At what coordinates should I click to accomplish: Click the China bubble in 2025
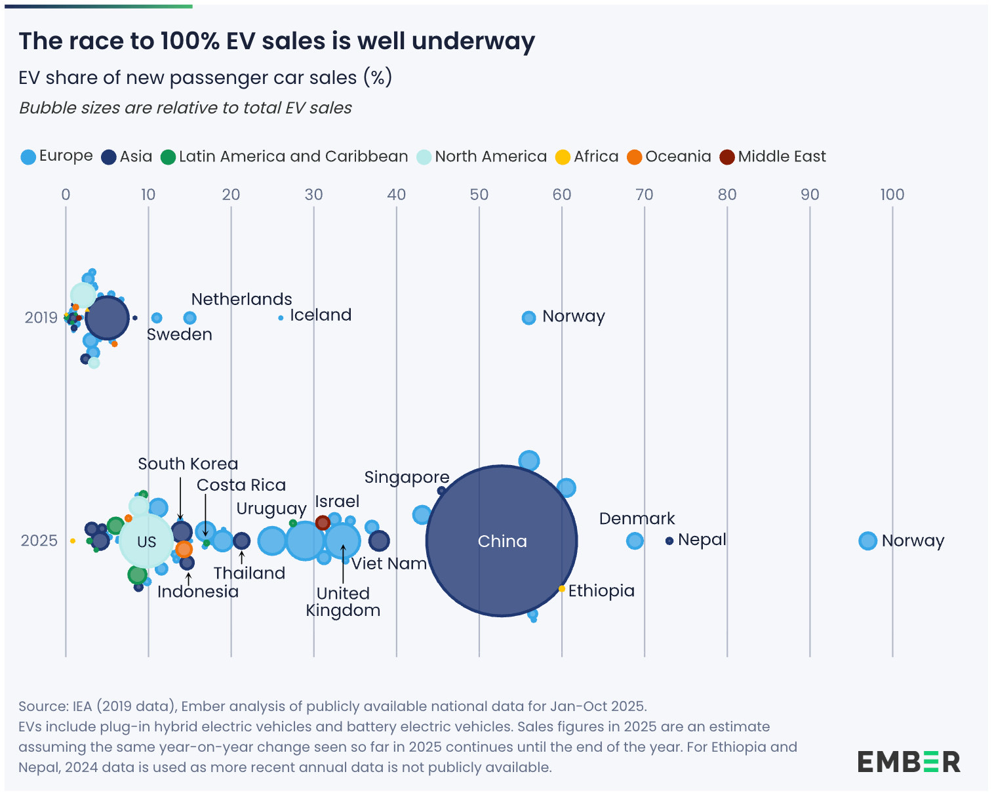pyautogui.click(x=502, y=540)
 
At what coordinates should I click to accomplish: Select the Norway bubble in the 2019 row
pyautogui.click(x=528, y=317)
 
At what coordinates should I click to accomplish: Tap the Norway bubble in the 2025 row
pyautogui.click(x=867, y=540)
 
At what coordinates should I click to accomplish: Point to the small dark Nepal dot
pyautogui.click(x=669, y=540)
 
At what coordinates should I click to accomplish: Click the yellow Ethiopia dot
pyautogui.click(x=562, y=589)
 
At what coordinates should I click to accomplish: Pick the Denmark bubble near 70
pyautogui.click(x=634, y=540)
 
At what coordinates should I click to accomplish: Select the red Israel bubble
pyautogui.click(x=323, y=523)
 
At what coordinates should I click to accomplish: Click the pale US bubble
pyautogui.click(x=146, y=541)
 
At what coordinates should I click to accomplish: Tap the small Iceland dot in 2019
pyautogui.click(x=281, y=317)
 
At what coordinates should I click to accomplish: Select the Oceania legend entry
pyautogui.click(x=669, y=157)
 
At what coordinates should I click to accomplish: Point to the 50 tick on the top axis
pyautogui.click(x=479, y=195)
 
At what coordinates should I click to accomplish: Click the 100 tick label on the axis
pyautogui.click(x=892, y=195)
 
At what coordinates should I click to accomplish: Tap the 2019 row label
pyautogui.click(x=41, y=317)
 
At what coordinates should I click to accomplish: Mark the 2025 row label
pyautogui.click(x=39, y=540)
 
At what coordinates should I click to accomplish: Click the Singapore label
pyautogui.click(x=407, y=477)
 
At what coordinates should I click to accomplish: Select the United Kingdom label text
pyautogui.click(x=343, y=601)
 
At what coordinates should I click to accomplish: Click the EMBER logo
pyautogui.click(x=908, y=762)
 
